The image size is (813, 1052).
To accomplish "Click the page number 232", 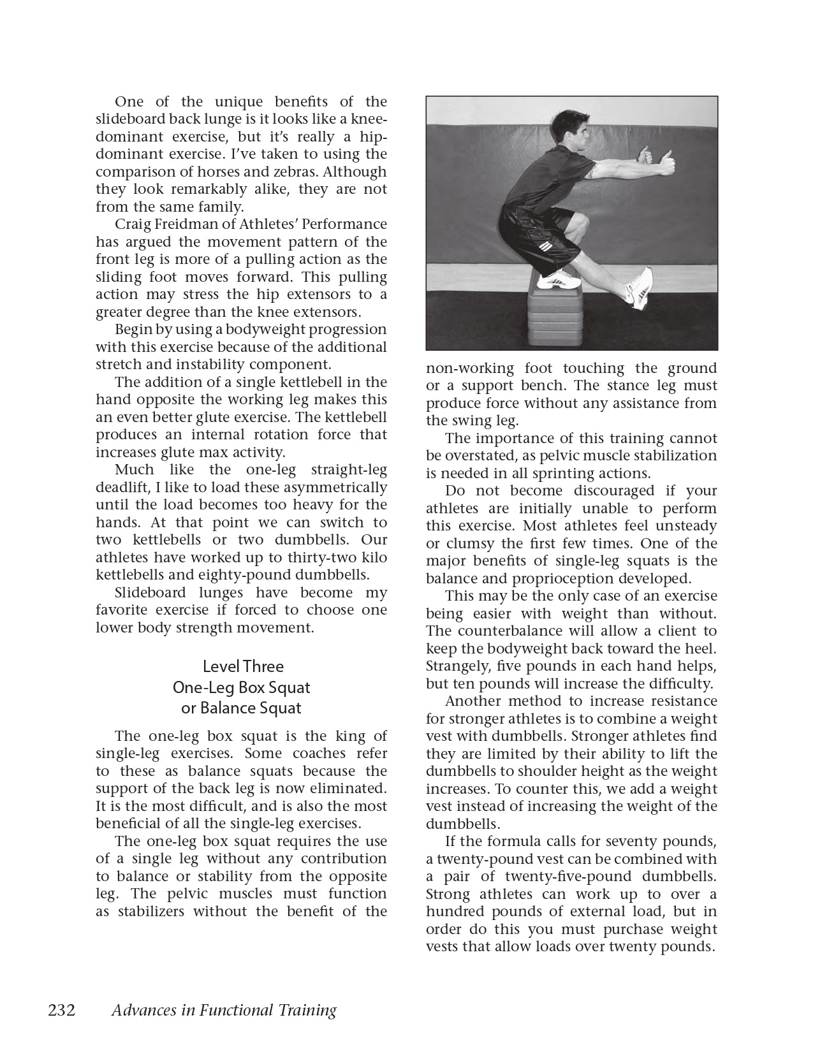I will [x=62, y=1010].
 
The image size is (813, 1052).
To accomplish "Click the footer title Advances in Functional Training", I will [x=223, y=1010].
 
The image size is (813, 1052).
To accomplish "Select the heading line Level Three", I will [x=243, y=666].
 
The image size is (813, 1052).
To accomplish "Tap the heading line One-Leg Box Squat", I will [x=242, y=687].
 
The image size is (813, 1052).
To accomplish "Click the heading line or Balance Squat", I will [x=242, y=708].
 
